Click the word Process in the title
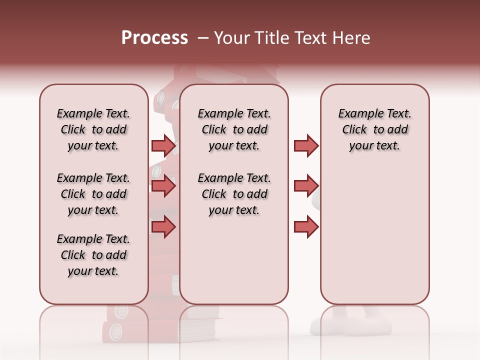[154, 38]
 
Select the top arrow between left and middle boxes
[163, 145]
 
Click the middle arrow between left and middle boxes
[163, 186]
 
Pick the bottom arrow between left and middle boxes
[163, 227]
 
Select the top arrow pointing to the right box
[306, 145]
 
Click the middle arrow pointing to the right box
[306, 186]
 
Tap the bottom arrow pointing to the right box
[306, 227]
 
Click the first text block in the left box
[93, 129]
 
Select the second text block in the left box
[93, 194]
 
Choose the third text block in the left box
[93, 255]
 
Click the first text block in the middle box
[234, 129]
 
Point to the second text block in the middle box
[234, 194]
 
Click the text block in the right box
[374, 129]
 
